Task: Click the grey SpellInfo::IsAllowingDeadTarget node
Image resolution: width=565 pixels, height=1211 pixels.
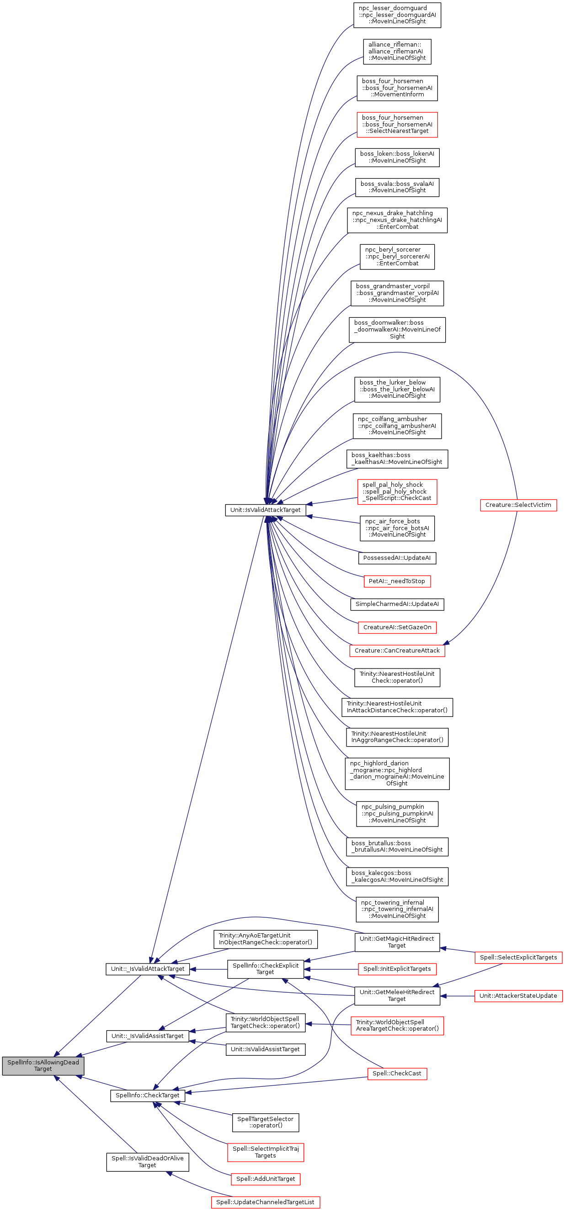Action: [x=43, y=1065]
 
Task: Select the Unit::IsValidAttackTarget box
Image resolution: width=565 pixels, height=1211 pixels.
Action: [x=265, y=510]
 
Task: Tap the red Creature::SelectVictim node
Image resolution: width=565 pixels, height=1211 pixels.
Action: [x=518, y=505]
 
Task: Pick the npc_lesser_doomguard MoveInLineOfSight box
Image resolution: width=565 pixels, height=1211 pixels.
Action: [x=397, y=15]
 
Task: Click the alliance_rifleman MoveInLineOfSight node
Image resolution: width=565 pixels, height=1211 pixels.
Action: [x=397, y=51]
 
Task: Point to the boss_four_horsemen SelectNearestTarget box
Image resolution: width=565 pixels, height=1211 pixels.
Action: [x=397, y=125]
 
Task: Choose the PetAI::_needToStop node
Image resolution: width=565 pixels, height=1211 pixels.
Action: [x=397, y=581]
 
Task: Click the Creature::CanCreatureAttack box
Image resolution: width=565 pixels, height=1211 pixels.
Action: [x=397, y=650]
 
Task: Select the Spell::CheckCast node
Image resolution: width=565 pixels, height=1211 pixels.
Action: [x=397, y=1073]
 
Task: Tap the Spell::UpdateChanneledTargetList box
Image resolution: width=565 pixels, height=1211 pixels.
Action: [x=265, y=1202]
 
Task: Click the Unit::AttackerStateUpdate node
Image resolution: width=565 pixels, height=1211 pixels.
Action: [x=518, y=995]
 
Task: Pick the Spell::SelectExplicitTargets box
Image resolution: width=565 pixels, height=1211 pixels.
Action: [x=518, y=957]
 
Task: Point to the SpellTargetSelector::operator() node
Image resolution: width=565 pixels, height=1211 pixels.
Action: [x=265, y=1122]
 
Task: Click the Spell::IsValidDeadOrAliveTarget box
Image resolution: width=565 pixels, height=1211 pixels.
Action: [x=147, y=1162]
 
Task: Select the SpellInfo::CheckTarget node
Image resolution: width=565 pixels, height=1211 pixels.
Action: [x=147, y=1095]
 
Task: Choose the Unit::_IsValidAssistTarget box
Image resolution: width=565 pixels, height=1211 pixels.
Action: [x=147, y=1036]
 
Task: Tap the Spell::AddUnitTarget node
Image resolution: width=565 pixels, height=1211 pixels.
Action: [x=265, y=1179]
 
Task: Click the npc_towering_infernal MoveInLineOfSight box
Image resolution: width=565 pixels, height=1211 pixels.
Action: [x=397, y=909]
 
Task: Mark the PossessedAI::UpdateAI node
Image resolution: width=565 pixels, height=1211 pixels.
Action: [x=397, y=558]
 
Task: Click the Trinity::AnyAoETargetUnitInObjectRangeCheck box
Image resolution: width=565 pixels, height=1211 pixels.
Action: [x=265, y=939]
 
